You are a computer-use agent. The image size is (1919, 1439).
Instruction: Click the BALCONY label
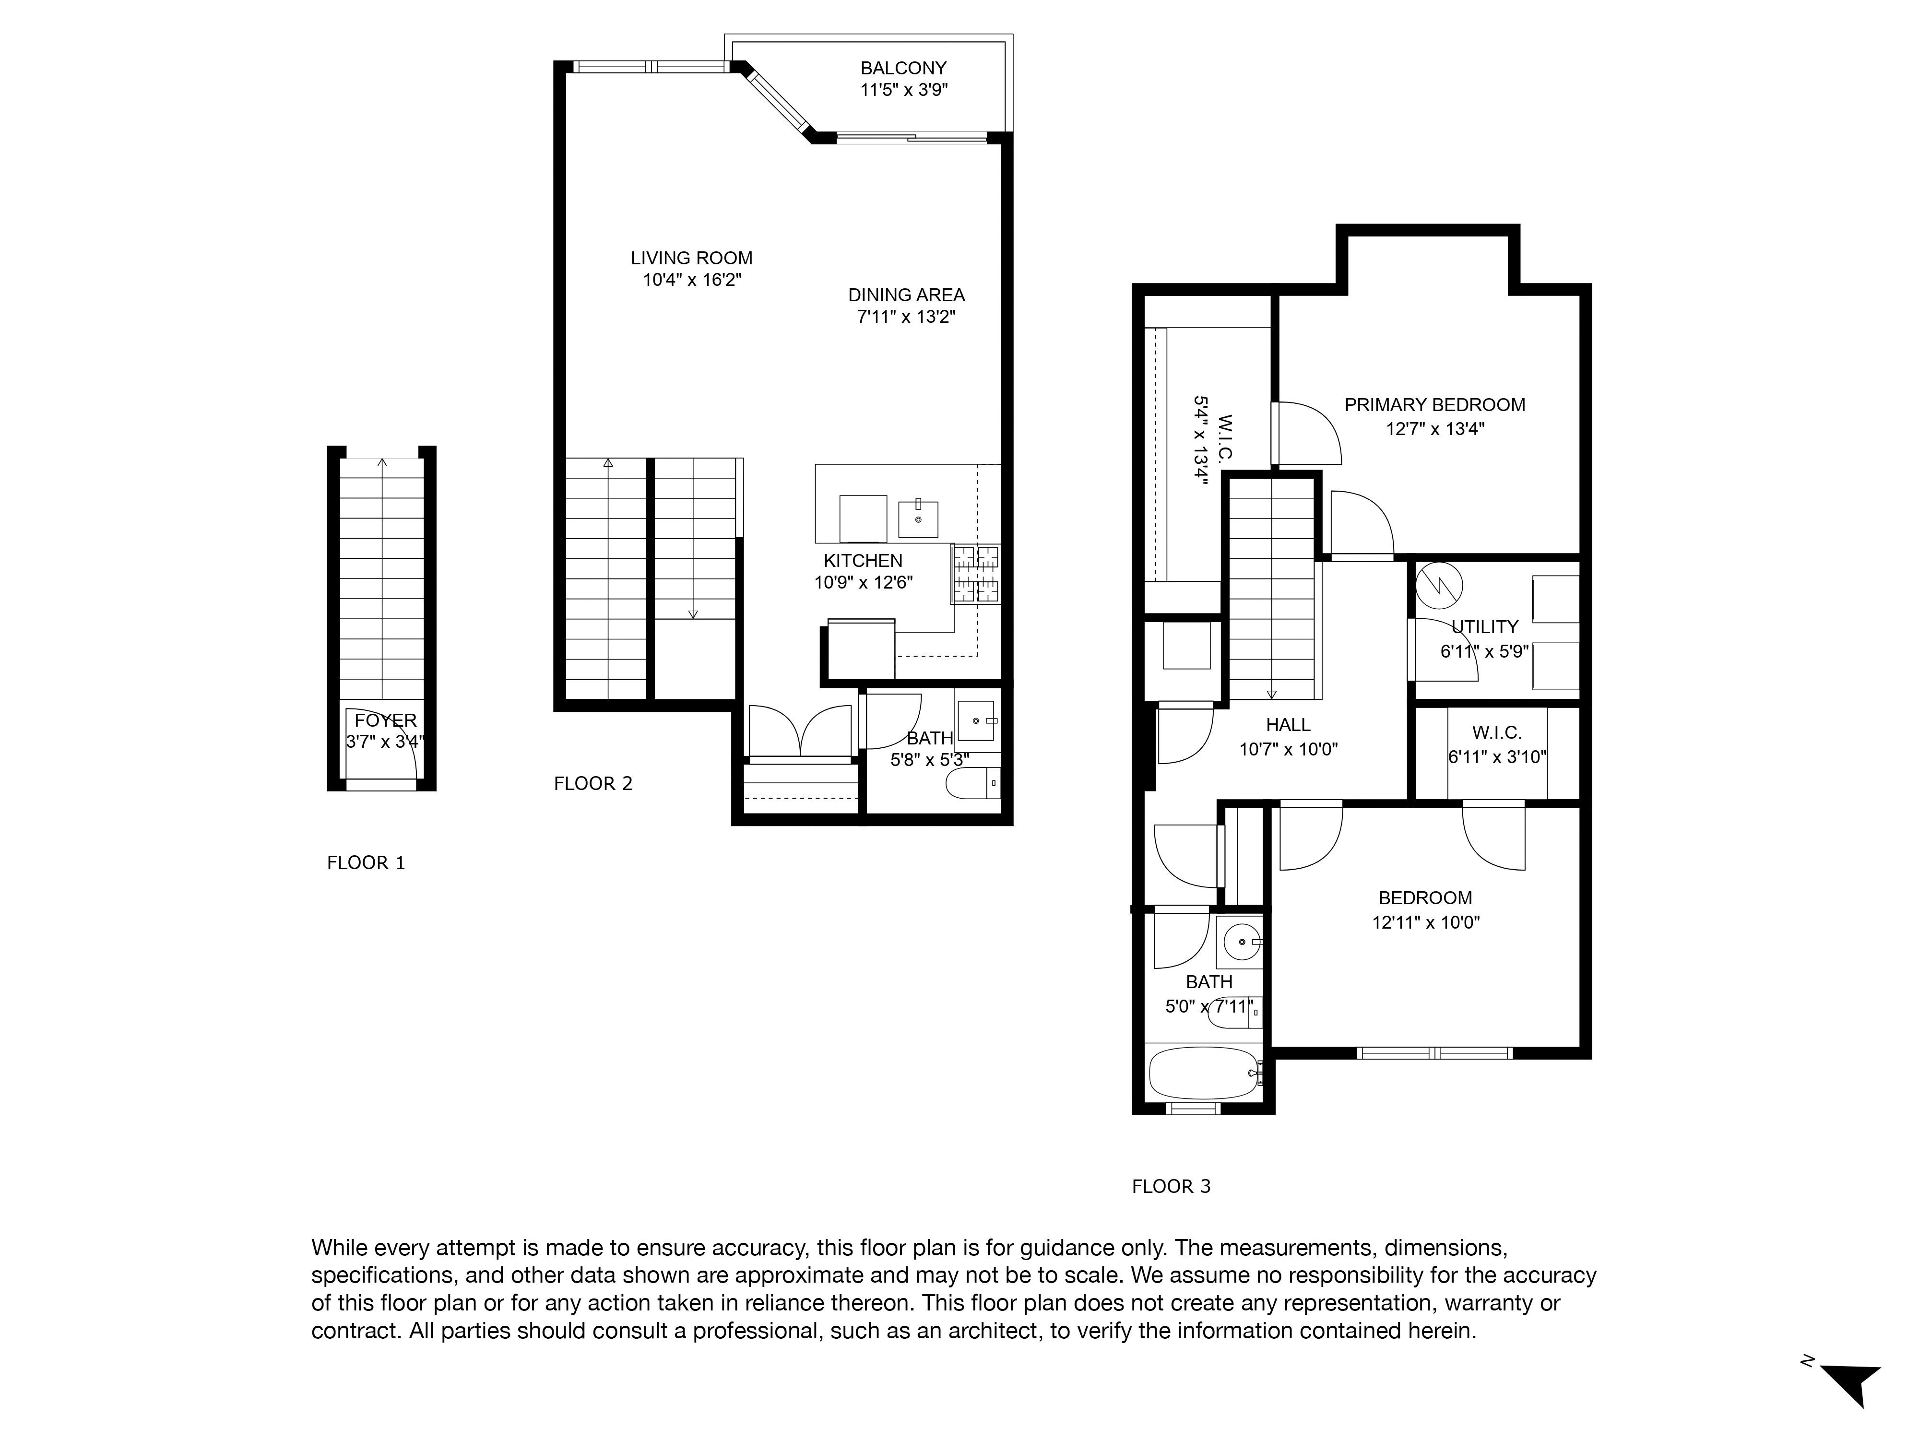pos(903,68)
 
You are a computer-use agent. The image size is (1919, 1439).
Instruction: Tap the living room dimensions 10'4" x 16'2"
pos(691,280)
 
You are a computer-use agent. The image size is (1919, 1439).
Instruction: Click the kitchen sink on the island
pos(918,518)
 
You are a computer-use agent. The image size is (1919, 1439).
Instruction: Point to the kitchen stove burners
pos(976,573)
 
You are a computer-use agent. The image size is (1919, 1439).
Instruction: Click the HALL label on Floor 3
pos(1288,725)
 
